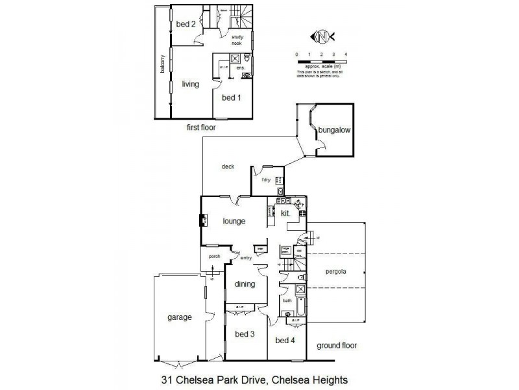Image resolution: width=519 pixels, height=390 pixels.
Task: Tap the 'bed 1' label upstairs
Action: pos(231,98)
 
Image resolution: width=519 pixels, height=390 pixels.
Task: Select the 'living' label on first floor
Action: pos(190,84)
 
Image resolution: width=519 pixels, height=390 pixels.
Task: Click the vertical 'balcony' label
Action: pos(163,65)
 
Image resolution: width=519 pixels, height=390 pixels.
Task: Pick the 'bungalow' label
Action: pos(333,130)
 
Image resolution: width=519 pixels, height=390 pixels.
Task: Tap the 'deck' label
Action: pos(228,166)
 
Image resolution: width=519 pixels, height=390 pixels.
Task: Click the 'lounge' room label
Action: pos(234,221)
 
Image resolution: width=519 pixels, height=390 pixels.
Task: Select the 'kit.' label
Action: pos(285,213)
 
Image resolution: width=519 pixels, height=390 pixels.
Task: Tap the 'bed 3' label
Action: pos(244,334)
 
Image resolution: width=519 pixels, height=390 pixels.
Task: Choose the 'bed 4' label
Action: pos(285,340)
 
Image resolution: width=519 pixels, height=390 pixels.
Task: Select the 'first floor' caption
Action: pos(201,128)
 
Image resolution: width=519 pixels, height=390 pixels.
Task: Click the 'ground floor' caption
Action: pos(337,346)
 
